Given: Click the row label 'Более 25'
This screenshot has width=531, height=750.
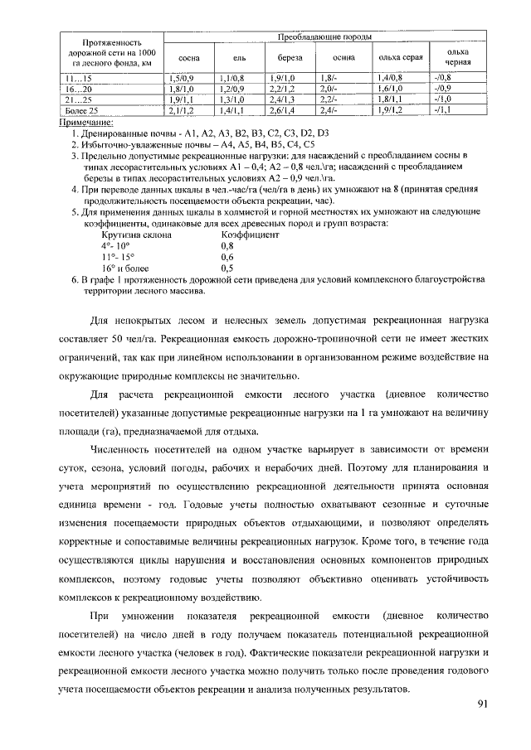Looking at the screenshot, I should (x=83, y=109).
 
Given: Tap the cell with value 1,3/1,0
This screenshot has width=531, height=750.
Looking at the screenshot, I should (x=231, y=98).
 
